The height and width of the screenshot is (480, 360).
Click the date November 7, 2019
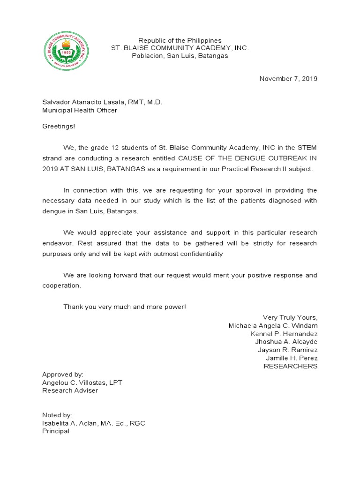tap(288, 79)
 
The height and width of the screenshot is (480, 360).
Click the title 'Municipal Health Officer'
tap(80, 110)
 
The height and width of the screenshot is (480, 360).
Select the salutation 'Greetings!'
tap(59, 126)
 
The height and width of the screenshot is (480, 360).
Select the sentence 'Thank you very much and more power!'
tap(125, 307)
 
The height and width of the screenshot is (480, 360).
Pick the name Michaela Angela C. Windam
tap(273, 325)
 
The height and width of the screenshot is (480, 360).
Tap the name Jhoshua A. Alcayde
tap(286, 342)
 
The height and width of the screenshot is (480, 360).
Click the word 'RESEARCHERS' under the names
tap(291, 366)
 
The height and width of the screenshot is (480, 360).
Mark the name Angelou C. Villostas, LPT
tap(82, 382)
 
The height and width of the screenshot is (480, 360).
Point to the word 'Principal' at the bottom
tap(56, 431)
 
